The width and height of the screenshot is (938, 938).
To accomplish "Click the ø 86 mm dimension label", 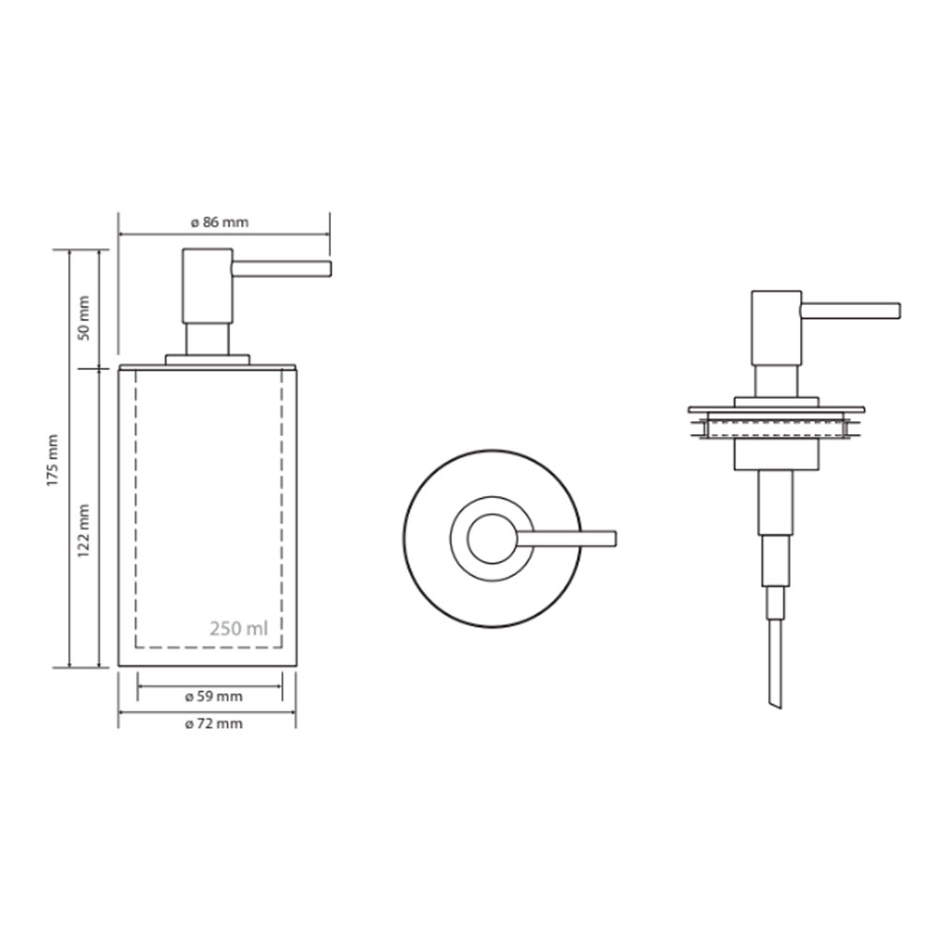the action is point(219,222).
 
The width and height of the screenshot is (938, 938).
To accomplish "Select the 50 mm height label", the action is point(83,318).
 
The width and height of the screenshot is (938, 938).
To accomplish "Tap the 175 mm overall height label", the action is point(53,460).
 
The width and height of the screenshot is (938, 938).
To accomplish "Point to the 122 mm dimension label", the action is point(83,531).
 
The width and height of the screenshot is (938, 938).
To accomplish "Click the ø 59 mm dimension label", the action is point(214,696).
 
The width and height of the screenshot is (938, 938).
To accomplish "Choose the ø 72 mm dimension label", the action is point(214,724).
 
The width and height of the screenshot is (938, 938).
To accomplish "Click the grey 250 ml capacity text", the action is point(238,628).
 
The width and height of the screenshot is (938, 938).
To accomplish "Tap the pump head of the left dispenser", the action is point(207,286).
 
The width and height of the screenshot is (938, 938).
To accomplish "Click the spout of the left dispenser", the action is point(281,268).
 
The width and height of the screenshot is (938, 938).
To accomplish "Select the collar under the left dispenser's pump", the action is point(207,359).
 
